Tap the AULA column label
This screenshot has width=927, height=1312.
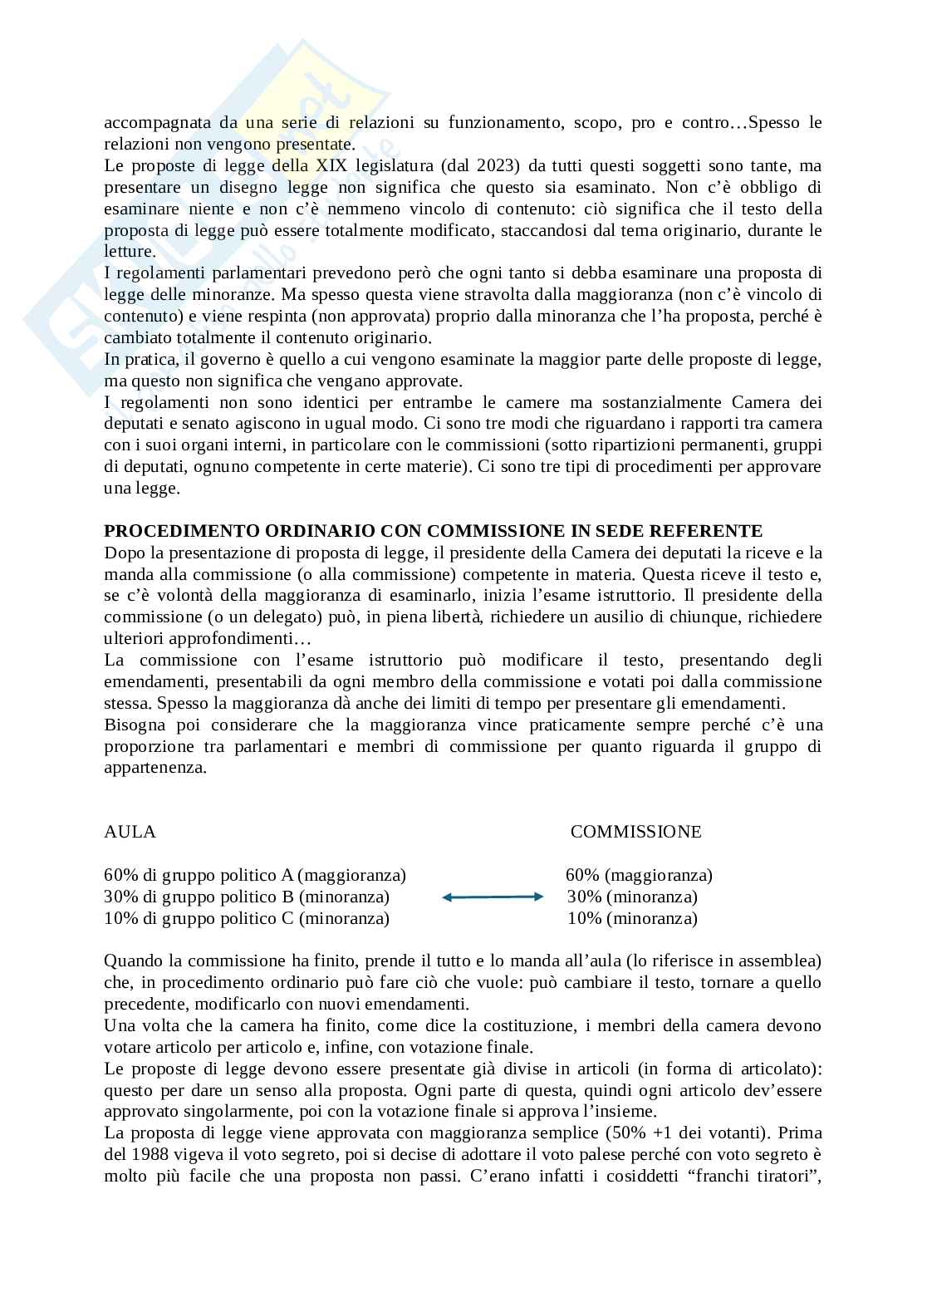(x=130, y=832)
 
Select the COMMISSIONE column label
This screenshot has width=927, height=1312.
(x=635, y=832)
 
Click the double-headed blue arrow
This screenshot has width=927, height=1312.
(x=492, y=897)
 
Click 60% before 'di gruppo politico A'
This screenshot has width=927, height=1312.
(x=120, y=875)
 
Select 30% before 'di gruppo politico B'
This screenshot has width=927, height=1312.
(x=120, y=897)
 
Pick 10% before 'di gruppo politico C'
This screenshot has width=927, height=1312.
(x=120, y=918)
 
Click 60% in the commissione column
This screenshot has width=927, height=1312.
(x=582, y=875)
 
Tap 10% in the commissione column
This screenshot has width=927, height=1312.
(x=584, y=918)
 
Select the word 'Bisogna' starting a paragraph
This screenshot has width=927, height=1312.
(x=132, y=725)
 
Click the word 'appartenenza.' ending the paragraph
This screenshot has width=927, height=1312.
(x=155, y=768)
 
